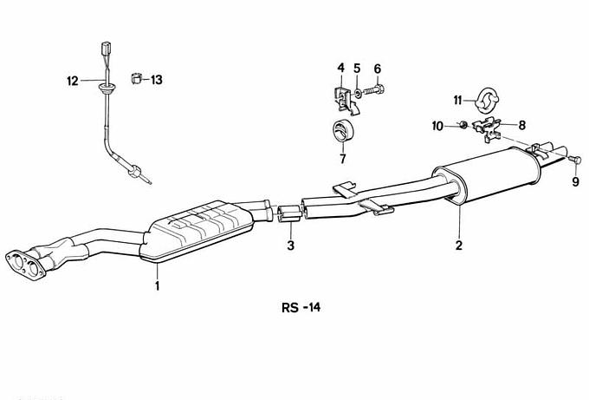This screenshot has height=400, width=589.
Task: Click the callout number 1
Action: pos(158,286)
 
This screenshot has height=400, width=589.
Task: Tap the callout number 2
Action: pos(459,246)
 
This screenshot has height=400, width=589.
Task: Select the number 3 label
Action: pos(291,246)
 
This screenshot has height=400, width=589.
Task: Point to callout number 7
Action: pos(342,159)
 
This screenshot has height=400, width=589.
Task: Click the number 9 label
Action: pos(575,182)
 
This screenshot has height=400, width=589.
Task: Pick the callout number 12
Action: pos(73,81)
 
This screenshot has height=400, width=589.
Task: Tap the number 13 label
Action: pos(157,80)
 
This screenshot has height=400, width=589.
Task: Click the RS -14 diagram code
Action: pos(301,307)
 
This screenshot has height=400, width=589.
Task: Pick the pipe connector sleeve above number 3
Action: pos(288,214)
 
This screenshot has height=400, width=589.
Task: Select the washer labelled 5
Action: pos(358,92)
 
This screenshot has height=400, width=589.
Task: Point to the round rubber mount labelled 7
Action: pos(343,130)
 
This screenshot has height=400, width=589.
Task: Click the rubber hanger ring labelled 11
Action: pos(487,100)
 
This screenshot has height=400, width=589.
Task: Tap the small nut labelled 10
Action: pos(463,125)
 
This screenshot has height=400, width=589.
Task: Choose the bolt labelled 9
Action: pos(575,160)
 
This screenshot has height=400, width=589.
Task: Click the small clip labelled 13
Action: pos(136,78)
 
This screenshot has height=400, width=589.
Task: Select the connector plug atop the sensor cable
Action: pos(106,48)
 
